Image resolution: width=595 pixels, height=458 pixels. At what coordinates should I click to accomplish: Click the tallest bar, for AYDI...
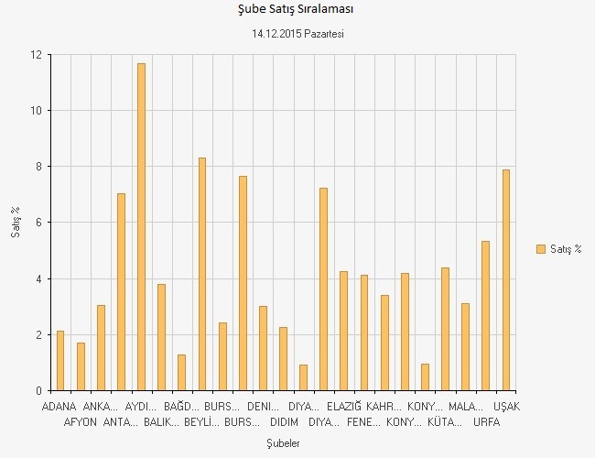tap(141, 227)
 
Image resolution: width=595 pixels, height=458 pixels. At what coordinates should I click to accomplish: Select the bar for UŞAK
tap(506, 280)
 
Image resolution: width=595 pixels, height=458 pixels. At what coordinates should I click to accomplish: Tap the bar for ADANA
tap(60, 361)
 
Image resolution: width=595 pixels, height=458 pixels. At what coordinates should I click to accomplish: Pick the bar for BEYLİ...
tap(202, 274)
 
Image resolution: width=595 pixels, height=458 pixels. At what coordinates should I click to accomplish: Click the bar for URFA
tap(485, 316)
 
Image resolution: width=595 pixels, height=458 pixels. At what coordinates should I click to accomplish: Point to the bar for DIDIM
tap(283, 359)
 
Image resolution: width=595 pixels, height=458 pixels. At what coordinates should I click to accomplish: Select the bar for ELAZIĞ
tap(343, 332)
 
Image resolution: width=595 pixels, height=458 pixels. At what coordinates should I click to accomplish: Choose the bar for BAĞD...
tap(182, 373)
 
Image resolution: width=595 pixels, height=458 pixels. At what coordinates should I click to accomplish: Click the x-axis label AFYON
tap(80, 422)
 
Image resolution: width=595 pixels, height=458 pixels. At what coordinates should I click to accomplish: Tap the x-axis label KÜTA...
tap(445, 422)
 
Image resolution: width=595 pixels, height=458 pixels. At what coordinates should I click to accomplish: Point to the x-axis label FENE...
tap(363, 422)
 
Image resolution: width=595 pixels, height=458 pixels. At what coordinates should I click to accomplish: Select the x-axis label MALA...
tap(466, 407)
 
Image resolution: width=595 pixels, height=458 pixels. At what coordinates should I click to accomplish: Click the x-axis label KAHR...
tap(384, 407)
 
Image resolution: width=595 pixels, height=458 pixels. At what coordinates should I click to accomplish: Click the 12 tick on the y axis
tap(37, 55)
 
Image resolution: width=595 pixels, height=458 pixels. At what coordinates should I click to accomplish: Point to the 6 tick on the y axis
tap(39, 223)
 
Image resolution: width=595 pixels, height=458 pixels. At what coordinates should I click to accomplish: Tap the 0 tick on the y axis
tap(39, 390)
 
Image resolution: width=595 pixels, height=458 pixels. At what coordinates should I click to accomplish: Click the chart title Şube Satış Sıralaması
tap(296, 9)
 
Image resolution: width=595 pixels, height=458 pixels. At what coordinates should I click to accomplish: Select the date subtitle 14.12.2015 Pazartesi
tap(297, 34)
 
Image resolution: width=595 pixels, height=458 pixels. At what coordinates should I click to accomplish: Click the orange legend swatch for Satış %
tap(541, 249)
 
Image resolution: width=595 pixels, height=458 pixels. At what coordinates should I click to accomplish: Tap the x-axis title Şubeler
tap(283, 443)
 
